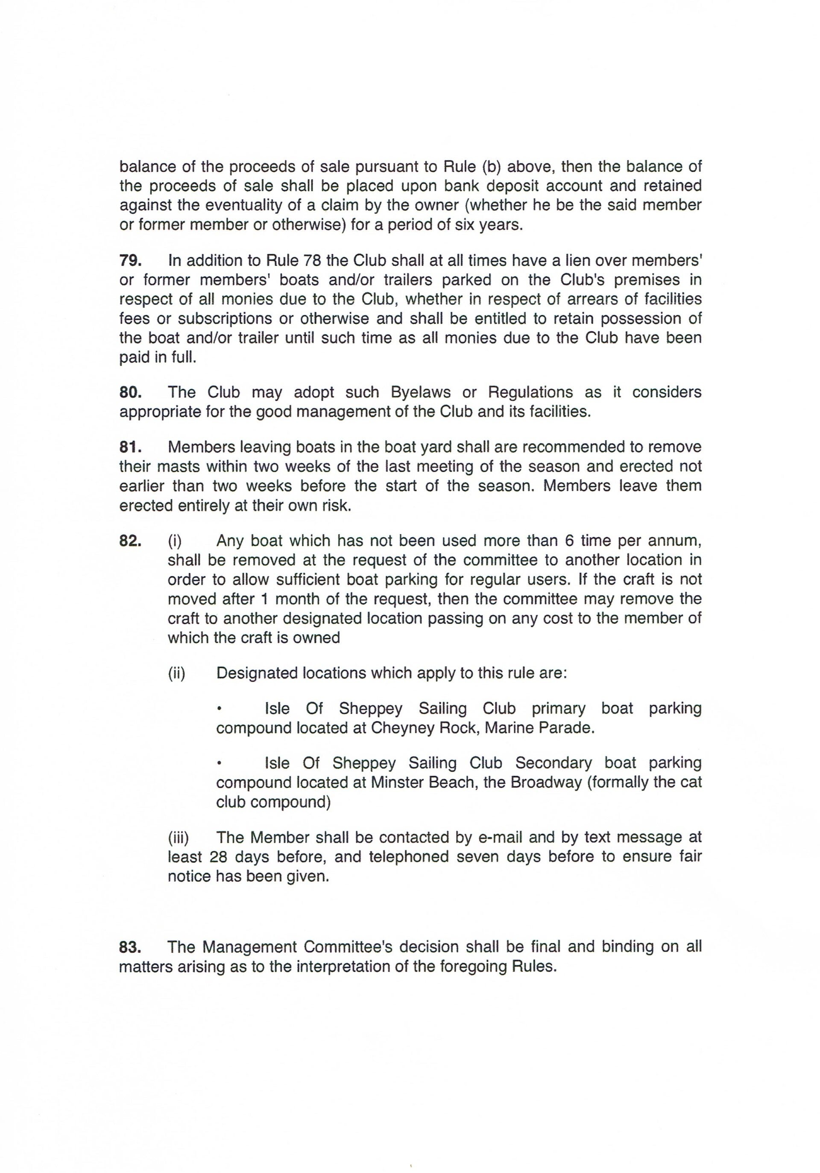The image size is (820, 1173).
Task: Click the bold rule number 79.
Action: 130,261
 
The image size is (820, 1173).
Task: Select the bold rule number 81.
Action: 130,447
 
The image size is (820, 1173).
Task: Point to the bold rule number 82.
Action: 130,541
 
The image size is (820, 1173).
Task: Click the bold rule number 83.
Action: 130,947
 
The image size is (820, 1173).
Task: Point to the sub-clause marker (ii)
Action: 176,673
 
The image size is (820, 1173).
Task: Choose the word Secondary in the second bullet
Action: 553,763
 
